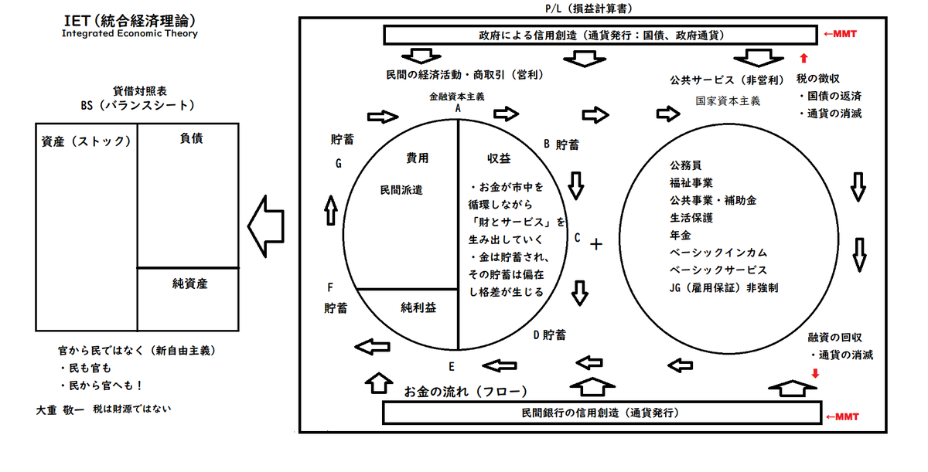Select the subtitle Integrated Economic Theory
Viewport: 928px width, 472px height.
129,34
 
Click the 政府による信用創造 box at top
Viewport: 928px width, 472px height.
600,36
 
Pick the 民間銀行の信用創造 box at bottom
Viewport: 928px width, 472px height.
600,413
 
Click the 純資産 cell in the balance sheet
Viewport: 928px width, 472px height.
189,284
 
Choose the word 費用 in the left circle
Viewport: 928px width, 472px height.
417,158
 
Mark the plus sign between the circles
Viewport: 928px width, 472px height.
595,245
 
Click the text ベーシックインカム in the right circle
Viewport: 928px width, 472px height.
718,253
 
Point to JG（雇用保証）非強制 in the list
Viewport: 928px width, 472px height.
723,287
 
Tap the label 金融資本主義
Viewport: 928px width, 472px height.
457,97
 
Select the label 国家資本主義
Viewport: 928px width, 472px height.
727,100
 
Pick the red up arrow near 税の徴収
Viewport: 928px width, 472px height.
803,58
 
